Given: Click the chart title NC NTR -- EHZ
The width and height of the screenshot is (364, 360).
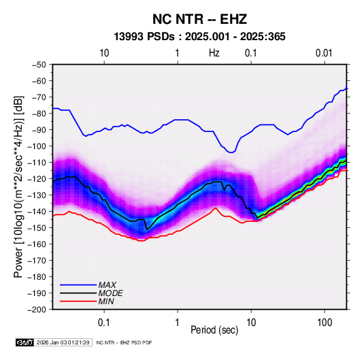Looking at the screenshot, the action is tap(199, 19).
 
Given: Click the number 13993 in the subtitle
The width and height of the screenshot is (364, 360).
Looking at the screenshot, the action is tap(129, 37).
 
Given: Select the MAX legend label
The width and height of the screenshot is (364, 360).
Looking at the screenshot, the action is tap(107, 285).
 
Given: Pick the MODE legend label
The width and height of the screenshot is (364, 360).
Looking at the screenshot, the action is tap(110, 293).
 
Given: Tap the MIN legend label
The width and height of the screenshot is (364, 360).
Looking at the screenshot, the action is tap(106, 301).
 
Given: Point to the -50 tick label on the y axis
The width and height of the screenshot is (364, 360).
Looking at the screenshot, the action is tap(39, 65).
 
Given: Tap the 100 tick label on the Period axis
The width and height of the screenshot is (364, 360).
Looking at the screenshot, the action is tap(325, 323).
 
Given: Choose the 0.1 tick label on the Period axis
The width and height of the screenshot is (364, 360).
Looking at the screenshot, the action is tap(104, 323).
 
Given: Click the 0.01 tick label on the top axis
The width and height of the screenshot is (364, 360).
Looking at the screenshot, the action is tap(324, 53).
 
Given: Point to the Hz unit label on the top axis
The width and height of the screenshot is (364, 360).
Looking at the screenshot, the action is tap(214, 53).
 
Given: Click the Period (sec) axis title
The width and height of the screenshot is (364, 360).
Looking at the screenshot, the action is tap(214, 330).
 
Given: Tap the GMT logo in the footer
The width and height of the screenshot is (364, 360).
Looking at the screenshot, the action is tap(24, 342).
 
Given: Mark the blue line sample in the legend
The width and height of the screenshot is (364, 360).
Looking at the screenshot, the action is tap(78, 285).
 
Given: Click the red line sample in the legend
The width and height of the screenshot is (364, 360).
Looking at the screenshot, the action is tap(78, 301).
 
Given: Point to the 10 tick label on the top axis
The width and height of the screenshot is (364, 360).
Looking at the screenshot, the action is tap(104, 53).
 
